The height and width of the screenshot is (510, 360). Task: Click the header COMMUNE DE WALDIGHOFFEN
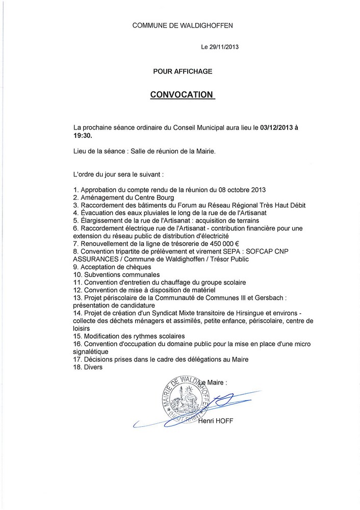[x=183, y=25]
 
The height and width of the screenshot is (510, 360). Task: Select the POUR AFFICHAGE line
[x=183, y=71]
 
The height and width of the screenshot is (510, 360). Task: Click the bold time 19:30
[x=84, y=136]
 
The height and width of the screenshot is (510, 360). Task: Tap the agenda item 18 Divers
[x=88, y=367]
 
